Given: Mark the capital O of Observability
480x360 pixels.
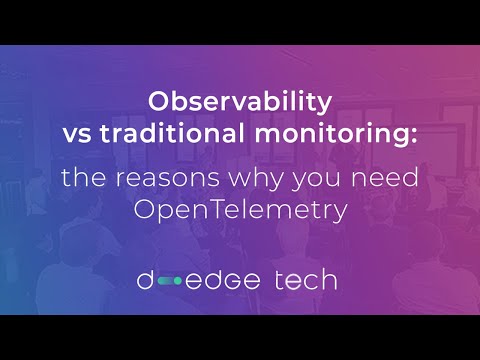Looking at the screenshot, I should (158, 102).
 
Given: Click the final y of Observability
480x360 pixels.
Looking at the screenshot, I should (325, 105).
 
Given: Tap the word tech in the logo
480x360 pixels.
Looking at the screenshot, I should (304, 279).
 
